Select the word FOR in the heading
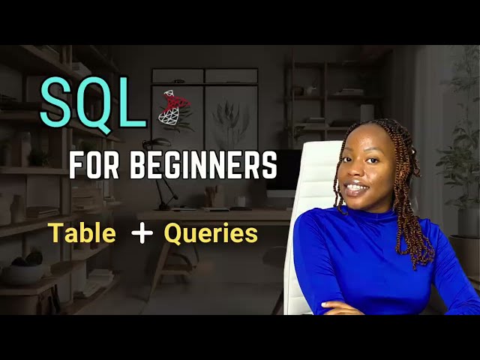[x=91, y=165]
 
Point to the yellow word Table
[x=83, y=234]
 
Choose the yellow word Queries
[x=211, y=234]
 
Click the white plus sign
[x=142, y=234]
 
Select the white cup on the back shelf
[x=367, y=112]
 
